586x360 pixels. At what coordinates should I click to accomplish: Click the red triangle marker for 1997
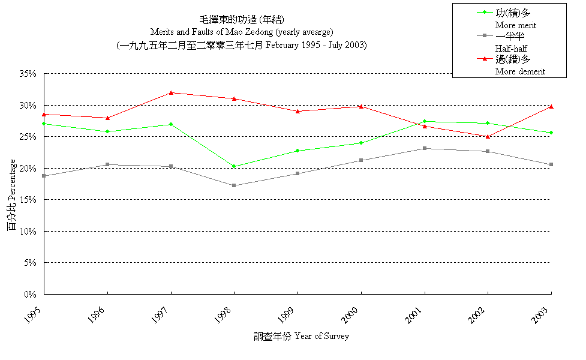click(171, 92)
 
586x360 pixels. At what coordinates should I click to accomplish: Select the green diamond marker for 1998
click(234, 166)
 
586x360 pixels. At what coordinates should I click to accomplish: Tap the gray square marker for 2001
click(425, 148)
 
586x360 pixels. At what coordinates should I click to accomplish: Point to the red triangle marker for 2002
click(488, 136)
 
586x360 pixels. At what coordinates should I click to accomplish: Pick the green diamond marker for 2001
click(425, 121)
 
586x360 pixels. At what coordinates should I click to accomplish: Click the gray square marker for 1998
click(234, 185)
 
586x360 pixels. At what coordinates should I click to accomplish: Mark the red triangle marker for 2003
click(551, 106)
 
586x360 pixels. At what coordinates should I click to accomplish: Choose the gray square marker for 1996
click(107, 164)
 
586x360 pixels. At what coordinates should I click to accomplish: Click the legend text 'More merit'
click(515, 25)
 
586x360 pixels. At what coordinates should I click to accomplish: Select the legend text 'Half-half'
click(512, 48)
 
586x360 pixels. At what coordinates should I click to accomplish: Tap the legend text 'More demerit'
click(520, 71)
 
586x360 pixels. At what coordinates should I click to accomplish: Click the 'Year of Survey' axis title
click(321, 336)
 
